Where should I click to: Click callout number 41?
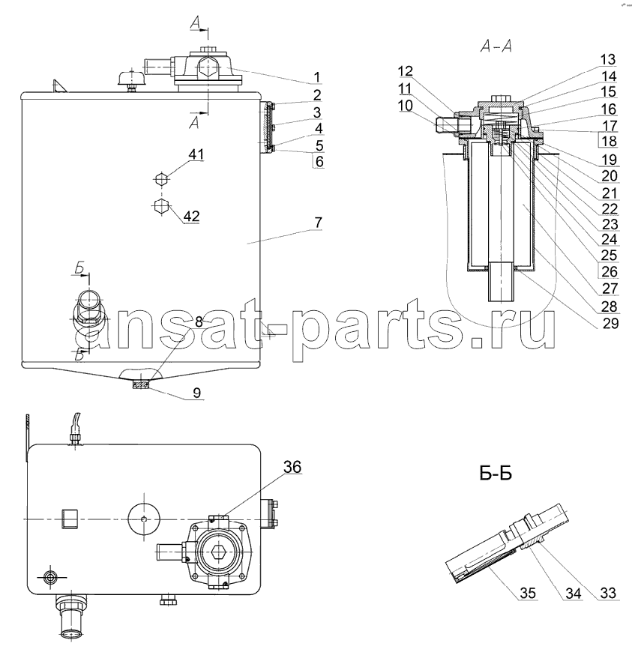click(196, 154)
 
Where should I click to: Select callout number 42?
click(192, 216)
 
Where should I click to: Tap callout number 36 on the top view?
click(292, 467)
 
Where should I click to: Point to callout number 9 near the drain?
click(197, 393)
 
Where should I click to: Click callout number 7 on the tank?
click(319, 223)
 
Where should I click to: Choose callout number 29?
click(610, 323)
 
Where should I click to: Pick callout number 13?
click(608, 60)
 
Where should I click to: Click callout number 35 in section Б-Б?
click(528, 593)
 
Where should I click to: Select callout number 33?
click(608, 593)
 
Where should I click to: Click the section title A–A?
click(496, 46)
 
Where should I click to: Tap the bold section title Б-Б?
click(496, 474)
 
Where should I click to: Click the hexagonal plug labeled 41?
click(161, 180)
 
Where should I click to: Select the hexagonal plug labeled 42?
click(161, 206)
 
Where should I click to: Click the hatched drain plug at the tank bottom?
click(140, 384)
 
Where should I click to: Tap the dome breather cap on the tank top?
click(131, 78)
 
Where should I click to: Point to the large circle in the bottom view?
click(144, 519)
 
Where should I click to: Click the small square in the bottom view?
click(70, 519)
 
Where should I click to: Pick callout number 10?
click(405, 106)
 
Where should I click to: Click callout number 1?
click(317, 77)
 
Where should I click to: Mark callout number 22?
click(610, 208)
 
